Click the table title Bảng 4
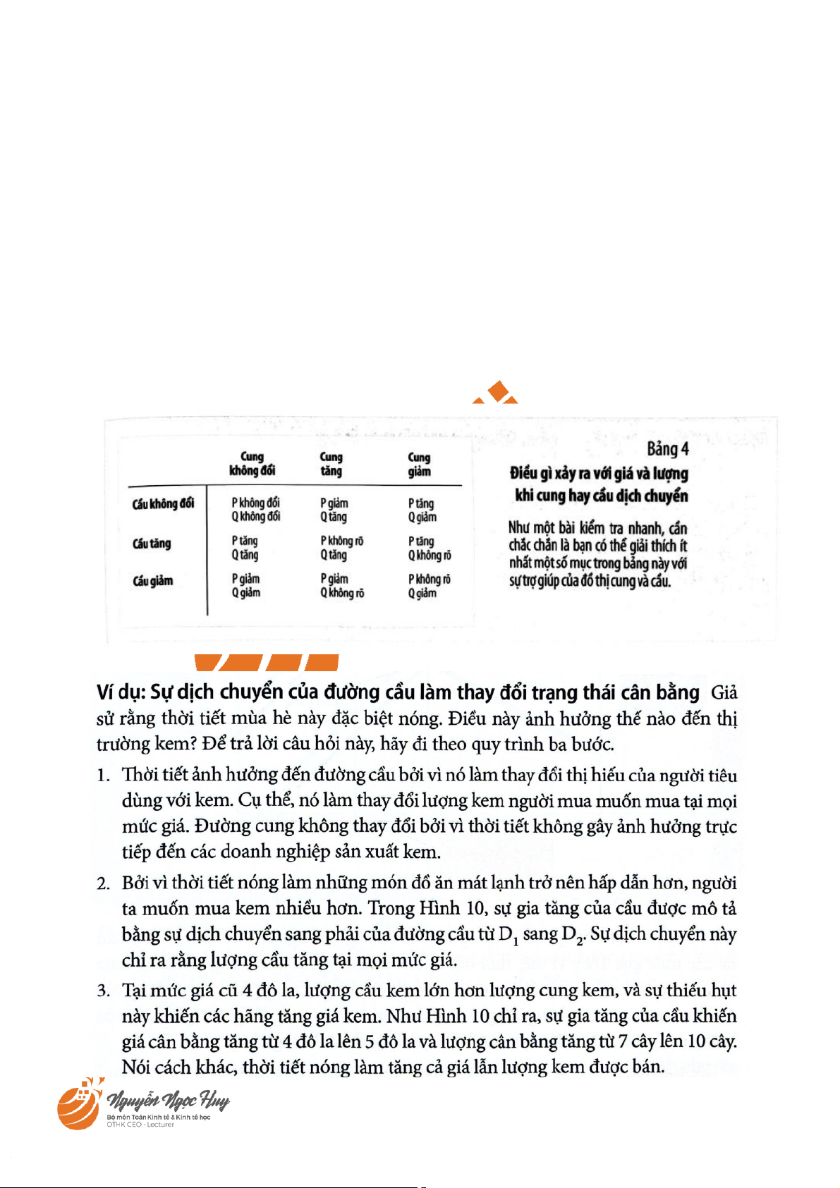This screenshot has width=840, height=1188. pos(667,449)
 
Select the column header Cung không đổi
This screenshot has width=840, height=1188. pos(252,464)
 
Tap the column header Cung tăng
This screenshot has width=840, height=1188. pos(331,464)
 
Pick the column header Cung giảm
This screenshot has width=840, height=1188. pos(419,464)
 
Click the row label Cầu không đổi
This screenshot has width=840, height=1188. pos(163,503)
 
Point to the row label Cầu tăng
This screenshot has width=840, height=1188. pos(152,544)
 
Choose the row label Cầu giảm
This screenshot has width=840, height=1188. pos(153,581)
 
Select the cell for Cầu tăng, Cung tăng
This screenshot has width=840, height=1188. pos(341,548)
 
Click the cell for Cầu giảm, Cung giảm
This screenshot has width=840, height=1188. pos(429,586)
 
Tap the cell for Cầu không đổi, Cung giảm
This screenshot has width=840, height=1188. pos(422,510)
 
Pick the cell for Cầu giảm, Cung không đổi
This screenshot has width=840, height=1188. pos(245,586)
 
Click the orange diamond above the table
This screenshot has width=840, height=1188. pos(499,391)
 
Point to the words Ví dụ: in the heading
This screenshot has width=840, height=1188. pos(121,692)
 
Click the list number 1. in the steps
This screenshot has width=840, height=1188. pos(104,776)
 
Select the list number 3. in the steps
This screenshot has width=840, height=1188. pos(104,991)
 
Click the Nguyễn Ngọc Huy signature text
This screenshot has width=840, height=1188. pos(168,1100)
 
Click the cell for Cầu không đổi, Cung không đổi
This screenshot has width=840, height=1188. pos(255,510)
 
